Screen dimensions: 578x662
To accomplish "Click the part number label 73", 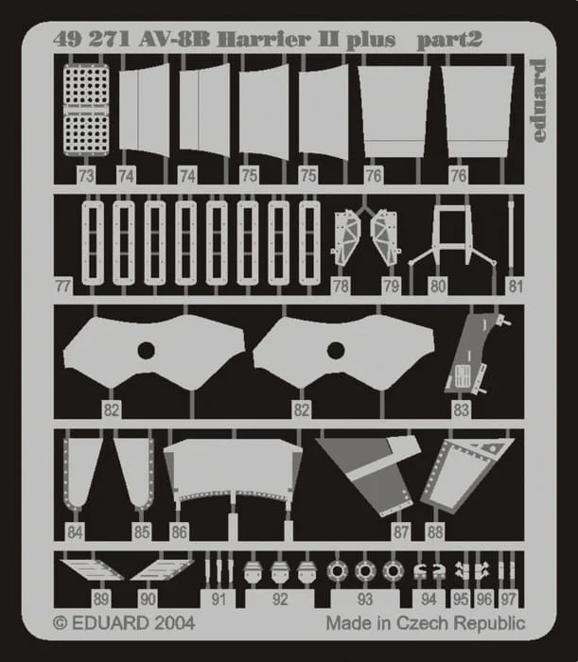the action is coord(86,176).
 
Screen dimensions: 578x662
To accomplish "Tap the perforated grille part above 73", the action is coord(86,110).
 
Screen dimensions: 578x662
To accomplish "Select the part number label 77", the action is coord(63,287).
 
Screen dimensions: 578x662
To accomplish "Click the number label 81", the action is coord(516,287).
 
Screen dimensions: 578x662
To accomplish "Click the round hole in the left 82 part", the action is coord(146,350).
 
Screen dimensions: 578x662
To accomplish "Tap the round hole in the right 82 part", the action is coord(336,350).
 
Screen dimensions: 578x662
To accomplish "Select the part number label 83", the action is coord(461,409).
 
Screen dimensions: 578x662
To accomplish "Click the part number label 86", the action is coord(179,532).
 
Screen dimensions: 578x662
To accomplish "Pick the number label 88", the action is coord(435,532).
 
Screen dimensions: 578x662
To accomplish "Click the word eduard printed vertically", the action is coord(538,100).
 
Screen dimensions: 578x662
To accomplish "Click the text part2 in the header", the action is coord(449,40).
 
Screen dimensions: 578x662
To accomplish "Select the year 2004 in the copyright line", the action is coord(173,623).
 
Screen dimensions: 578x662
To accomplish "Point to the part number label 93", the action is coord(365,599).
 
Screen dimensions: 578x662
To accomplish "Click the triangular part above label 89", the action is coord(92,569).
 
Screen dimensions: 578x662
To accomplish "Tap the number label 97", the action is coord(508,599).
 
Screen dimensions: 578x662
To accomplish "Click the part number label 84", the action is coord(75,532).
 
